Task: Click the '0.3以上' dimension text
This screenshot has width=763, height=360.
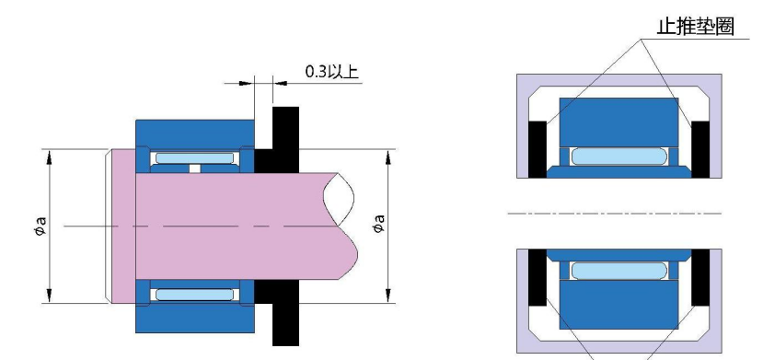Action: tap(331, 72)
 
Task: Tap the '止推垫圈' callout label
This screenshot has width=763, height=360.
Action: tap(696, 27)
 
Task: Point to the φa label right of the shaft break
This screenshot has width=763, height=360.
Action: tap(378, 224)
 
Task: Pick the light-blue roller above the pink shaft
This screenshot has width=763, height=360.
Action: tap(194, 158)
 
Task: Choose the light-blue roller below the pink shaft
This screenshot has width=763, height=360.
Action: tap(194, 295)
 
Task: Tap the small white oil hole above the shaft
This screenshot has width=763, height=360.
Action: tap(194, 168)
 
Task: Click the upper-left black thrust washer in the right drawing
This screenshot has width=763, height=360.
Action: tap(538, 149)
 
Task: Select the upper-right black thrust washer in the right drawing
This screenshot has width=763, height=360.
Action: tap(700, 149)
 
